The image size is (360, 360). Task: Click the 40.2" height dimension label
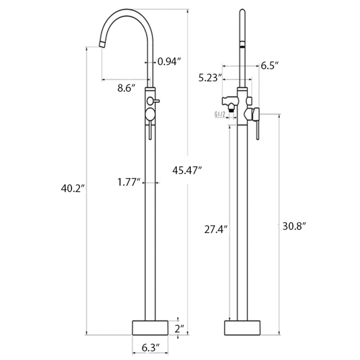(73, 189)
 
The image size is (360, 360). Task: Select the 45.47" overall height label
(187, 170)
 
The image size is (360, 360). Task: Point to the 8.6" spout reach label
(126, 88)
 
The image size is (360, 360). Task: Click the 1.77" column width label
(129, 182)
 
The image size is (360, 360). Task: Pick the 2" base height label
(180, 328)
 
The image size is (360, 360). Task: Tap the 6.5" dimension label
(270, 66)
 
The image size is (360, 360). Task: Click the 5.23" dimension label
(211, 78)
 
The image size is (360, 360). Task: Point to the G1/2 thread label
(220, 115)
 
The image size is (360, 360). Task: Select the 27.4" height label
(216, 229)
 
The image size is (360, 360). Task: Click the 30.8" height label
(295, 226)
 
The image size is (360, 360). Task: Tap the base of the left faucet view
(149, 327)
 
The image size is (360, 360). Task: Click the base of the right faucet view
(243, 327)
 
